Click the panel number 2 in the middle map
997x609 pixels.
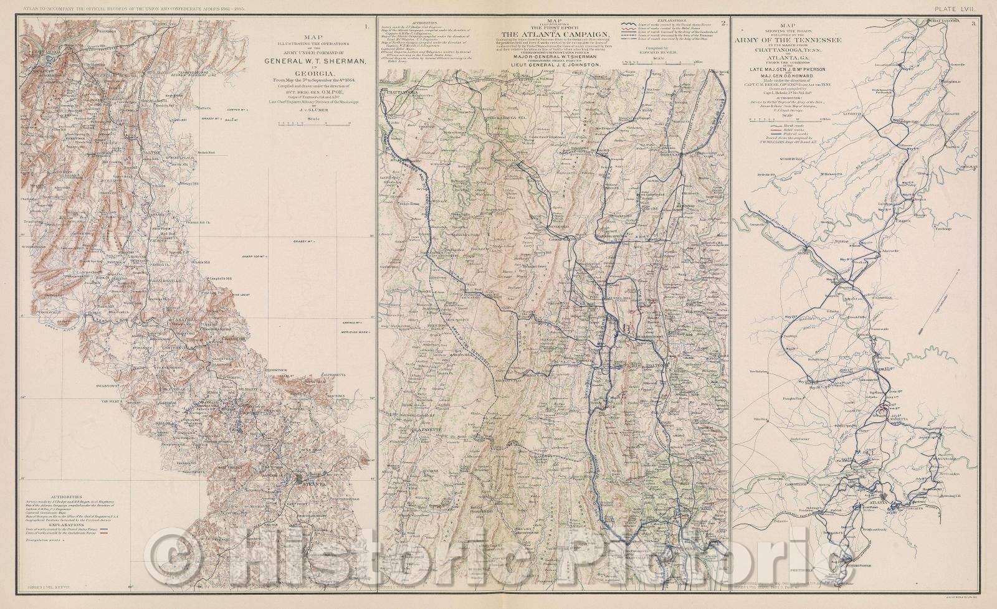coord(723,24)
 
